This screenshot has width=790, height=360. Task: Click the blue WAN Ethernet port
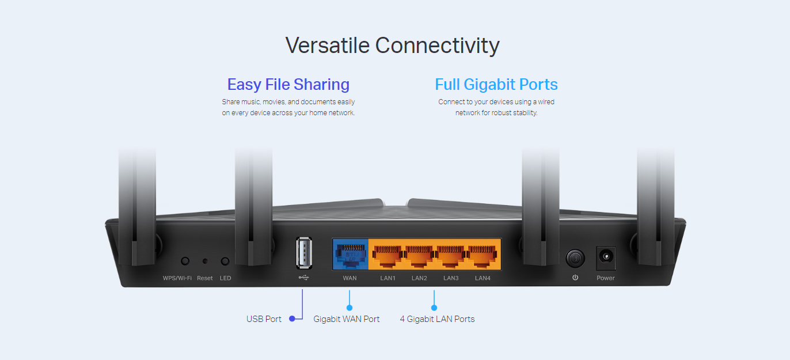pyautogui.click(x=350, y=254)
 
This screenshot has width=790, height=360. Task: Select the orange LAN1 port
pyautogui.click(x=388, y=256)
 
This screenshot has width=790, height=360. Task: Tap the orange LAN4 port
pyautogui.click(x=482, y=256)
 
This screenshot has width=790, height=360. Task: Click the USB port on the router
pyautogui.click(x=303, y=253)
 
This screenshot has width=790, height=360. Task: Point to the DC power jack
pyautogui.click(x=606, y=257)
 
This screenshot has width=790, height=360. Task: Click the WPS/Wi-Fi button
pyautogui.click(x=185, y=261)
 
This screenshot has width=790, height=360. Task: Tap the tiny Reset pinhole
pyautogui.click(x=205, y=261)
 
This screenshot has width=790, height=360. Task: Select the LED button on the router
pyautogui.click(x=225, y=261)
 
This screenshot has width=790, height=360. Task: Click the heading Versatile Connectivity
pyautogui.click(x=392, y=45)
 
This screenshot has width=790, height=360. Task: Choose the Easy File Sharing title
pyautogui.click(x=288, y=84)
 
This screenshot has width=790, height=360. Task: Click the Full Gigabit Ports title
pyautogui.click(x=496, y=84)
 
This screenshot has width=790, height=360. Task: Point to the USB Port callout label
pyautogui.click(x=264, y=319)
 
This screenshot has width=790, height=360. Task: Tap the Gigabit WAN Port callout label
pyautogui.click(x=346, y=319)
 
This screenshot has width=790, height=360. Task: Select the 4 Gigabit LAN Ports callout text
pyautogui.click(x=437, y=319)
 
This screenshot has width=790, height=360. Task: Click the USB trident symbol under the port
pyautogui.click(x=303, y=278)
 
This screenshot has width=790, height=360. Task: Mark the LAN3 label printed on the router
pyautogui.click(x=451, y=278)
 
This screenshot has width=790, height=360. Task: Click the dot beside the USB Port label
pyautogui.click(x=292, y=319)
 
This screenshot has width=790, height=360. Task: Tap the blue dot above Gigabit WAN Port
pyautogui.click(x=350, y=308)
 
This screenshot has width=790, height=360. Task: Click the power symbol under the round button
pyautogui.click(x=575, y=278)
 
